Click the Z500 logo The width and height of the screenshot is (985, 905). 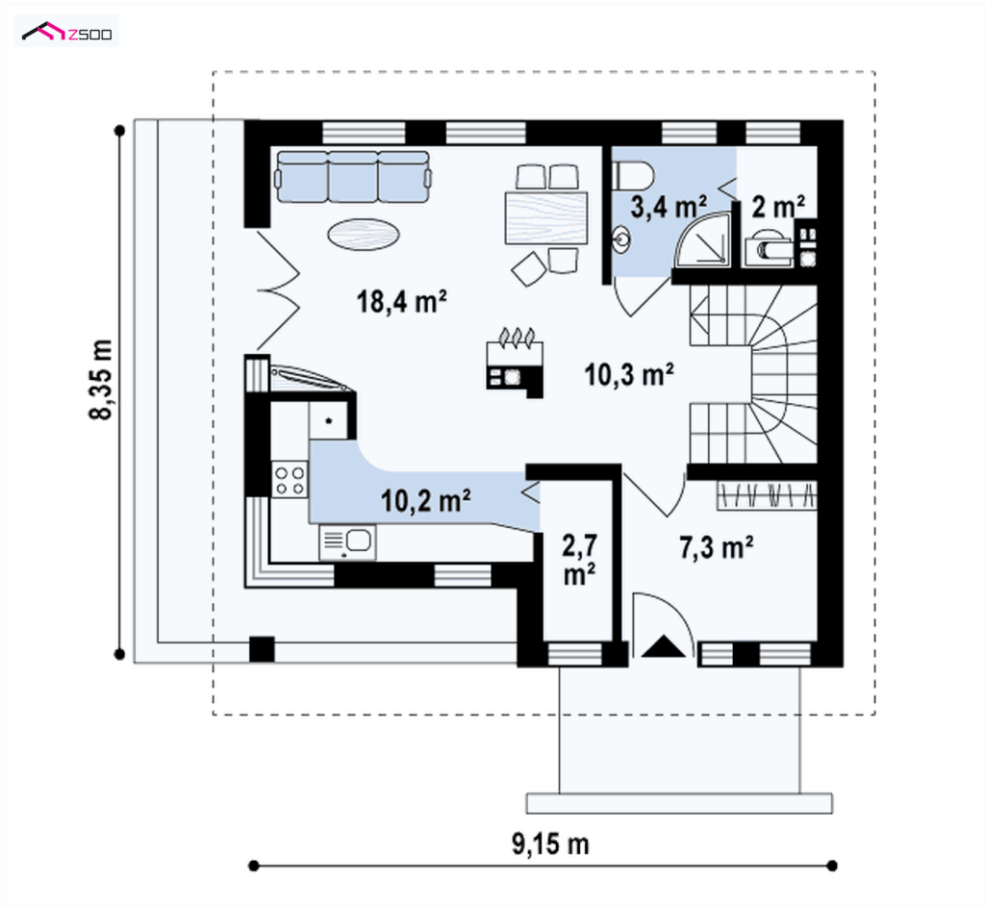[x=67, y=32]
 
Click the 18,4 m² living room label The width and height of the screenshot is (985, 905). [x=401, y=301]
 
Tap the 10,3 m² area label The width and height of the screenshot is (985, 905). [x=629, y=374]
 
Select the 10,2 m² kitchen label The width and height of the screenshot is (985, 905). [x=426, y=500]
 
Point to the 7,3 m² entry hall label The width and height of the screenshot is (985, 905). [x=716, y=547]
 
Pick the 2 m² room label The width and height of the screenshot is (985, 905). [x=778, y=207]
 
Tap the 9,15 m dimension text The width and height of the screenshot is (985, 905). [x=550, y=844]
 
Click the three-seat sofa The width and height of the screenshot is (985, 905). [x=353, y=176]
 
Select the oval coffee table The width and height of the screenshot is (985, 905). [x=364, y=235]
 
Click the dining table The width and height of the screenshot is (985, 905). [x=546, y=218]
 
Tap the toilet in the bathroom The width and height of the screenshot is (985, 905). [x=633, y=175]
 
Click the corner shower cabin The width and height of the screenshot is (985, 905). [x=703, y=239]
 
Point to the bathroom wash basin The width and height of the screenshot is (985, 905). [x=621, y=239]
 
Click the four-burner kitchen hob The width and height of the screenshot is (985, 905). [x=290, y=479]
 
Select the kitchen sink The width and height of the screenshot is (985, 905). [x=347, y=542]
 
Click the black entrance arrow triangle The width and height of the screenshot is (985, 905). [x=664, y=646]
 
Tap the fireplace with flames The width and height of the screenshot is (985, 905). [x=515, y=363]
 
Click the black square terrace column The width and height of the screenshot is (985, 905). [x=262, y=649]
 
